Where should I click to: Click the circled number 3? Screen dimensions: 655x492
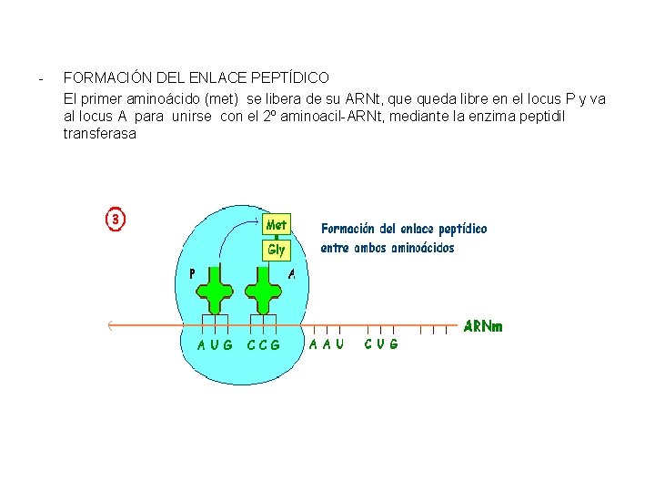[116, 219]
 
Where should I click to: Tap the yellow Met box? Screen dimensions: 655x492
[277, 224]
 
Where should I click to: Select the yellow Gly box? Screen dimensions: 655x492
[277, 249]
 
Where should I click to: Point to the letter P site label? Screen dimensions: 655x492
[192, 272]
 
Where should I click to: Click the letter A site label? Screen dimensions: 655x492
[291, 272]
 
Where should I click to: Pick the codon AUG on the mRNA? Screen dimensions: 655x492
[215, 344]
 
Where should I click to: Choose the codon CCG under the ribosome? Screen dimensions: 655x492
[264, 344]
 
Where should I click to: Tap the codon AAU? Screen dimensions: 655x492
[326, 344]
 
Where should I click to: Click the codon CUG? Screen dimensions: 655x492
[380, 344]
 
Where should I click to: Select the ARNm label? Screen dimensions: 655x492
[483, 325]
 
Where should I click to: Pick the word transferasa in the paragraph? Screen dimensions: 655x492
[99, 133]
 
